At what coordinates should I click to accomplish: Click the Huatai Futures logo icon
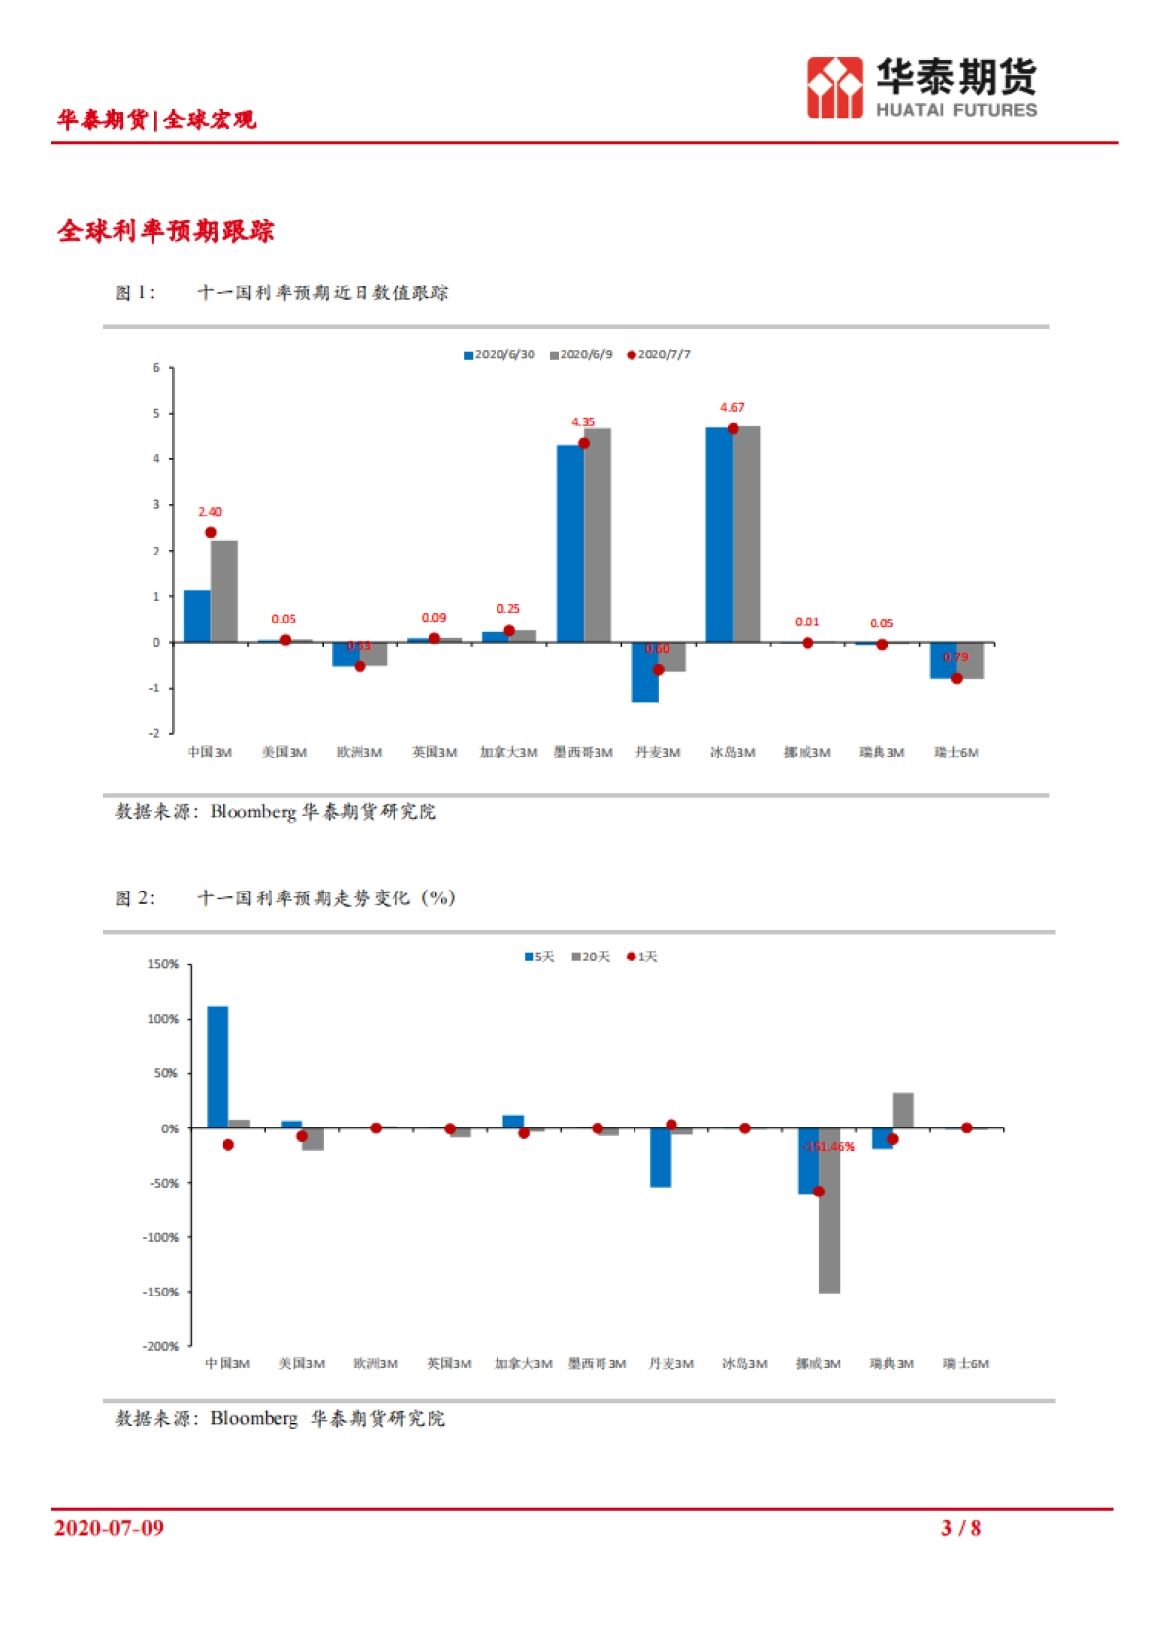[x=834, y=88]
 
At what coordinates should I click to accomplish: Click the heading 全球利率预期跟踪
[x=166, y=231]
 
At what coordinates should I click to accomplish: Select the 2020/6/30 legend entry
[x=499, y=354]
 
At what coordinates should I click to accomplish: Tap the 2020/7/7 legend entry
[x=659, y=354]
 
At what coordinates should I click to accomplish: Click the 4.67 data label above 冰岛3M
[x=732, y=408]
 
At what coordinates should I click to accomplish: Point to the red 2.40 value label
[x=210, y=512]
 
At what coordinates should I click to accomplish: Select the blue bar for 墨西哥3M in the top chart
[x=569, y=544]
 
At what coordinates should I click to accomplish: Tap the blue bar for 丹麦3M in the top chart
[x=644, y=672]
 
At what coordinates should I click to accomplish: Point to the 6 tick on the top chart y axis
[x=156, y=368]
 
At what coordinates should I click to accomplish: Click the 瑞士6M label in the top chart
[x=956, y=753]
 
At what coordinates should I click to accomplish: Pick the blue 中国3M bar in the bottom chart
[x=218, y=1066]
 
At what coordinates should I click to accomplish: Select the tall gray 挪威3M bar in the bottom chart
[x=829, y=1210]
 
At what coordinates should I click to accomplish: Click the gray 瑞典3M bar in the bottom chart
[x=903, y=1110]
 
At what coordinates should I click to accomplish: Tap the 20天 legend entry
[x=592, y=958]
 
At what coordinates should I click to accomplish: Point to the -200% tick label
[x=161, y=1346]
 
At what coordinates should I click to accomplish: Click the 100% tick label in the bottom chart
[x=162, y=1019]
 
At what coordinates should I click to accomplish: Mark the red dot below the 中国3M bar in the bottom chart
[x=228, y=1145]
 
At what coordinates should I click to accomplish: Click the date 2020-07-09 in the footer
[x=109, y=1529]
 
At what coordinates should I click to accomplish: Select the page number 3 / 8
[x=960, y=1529]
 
